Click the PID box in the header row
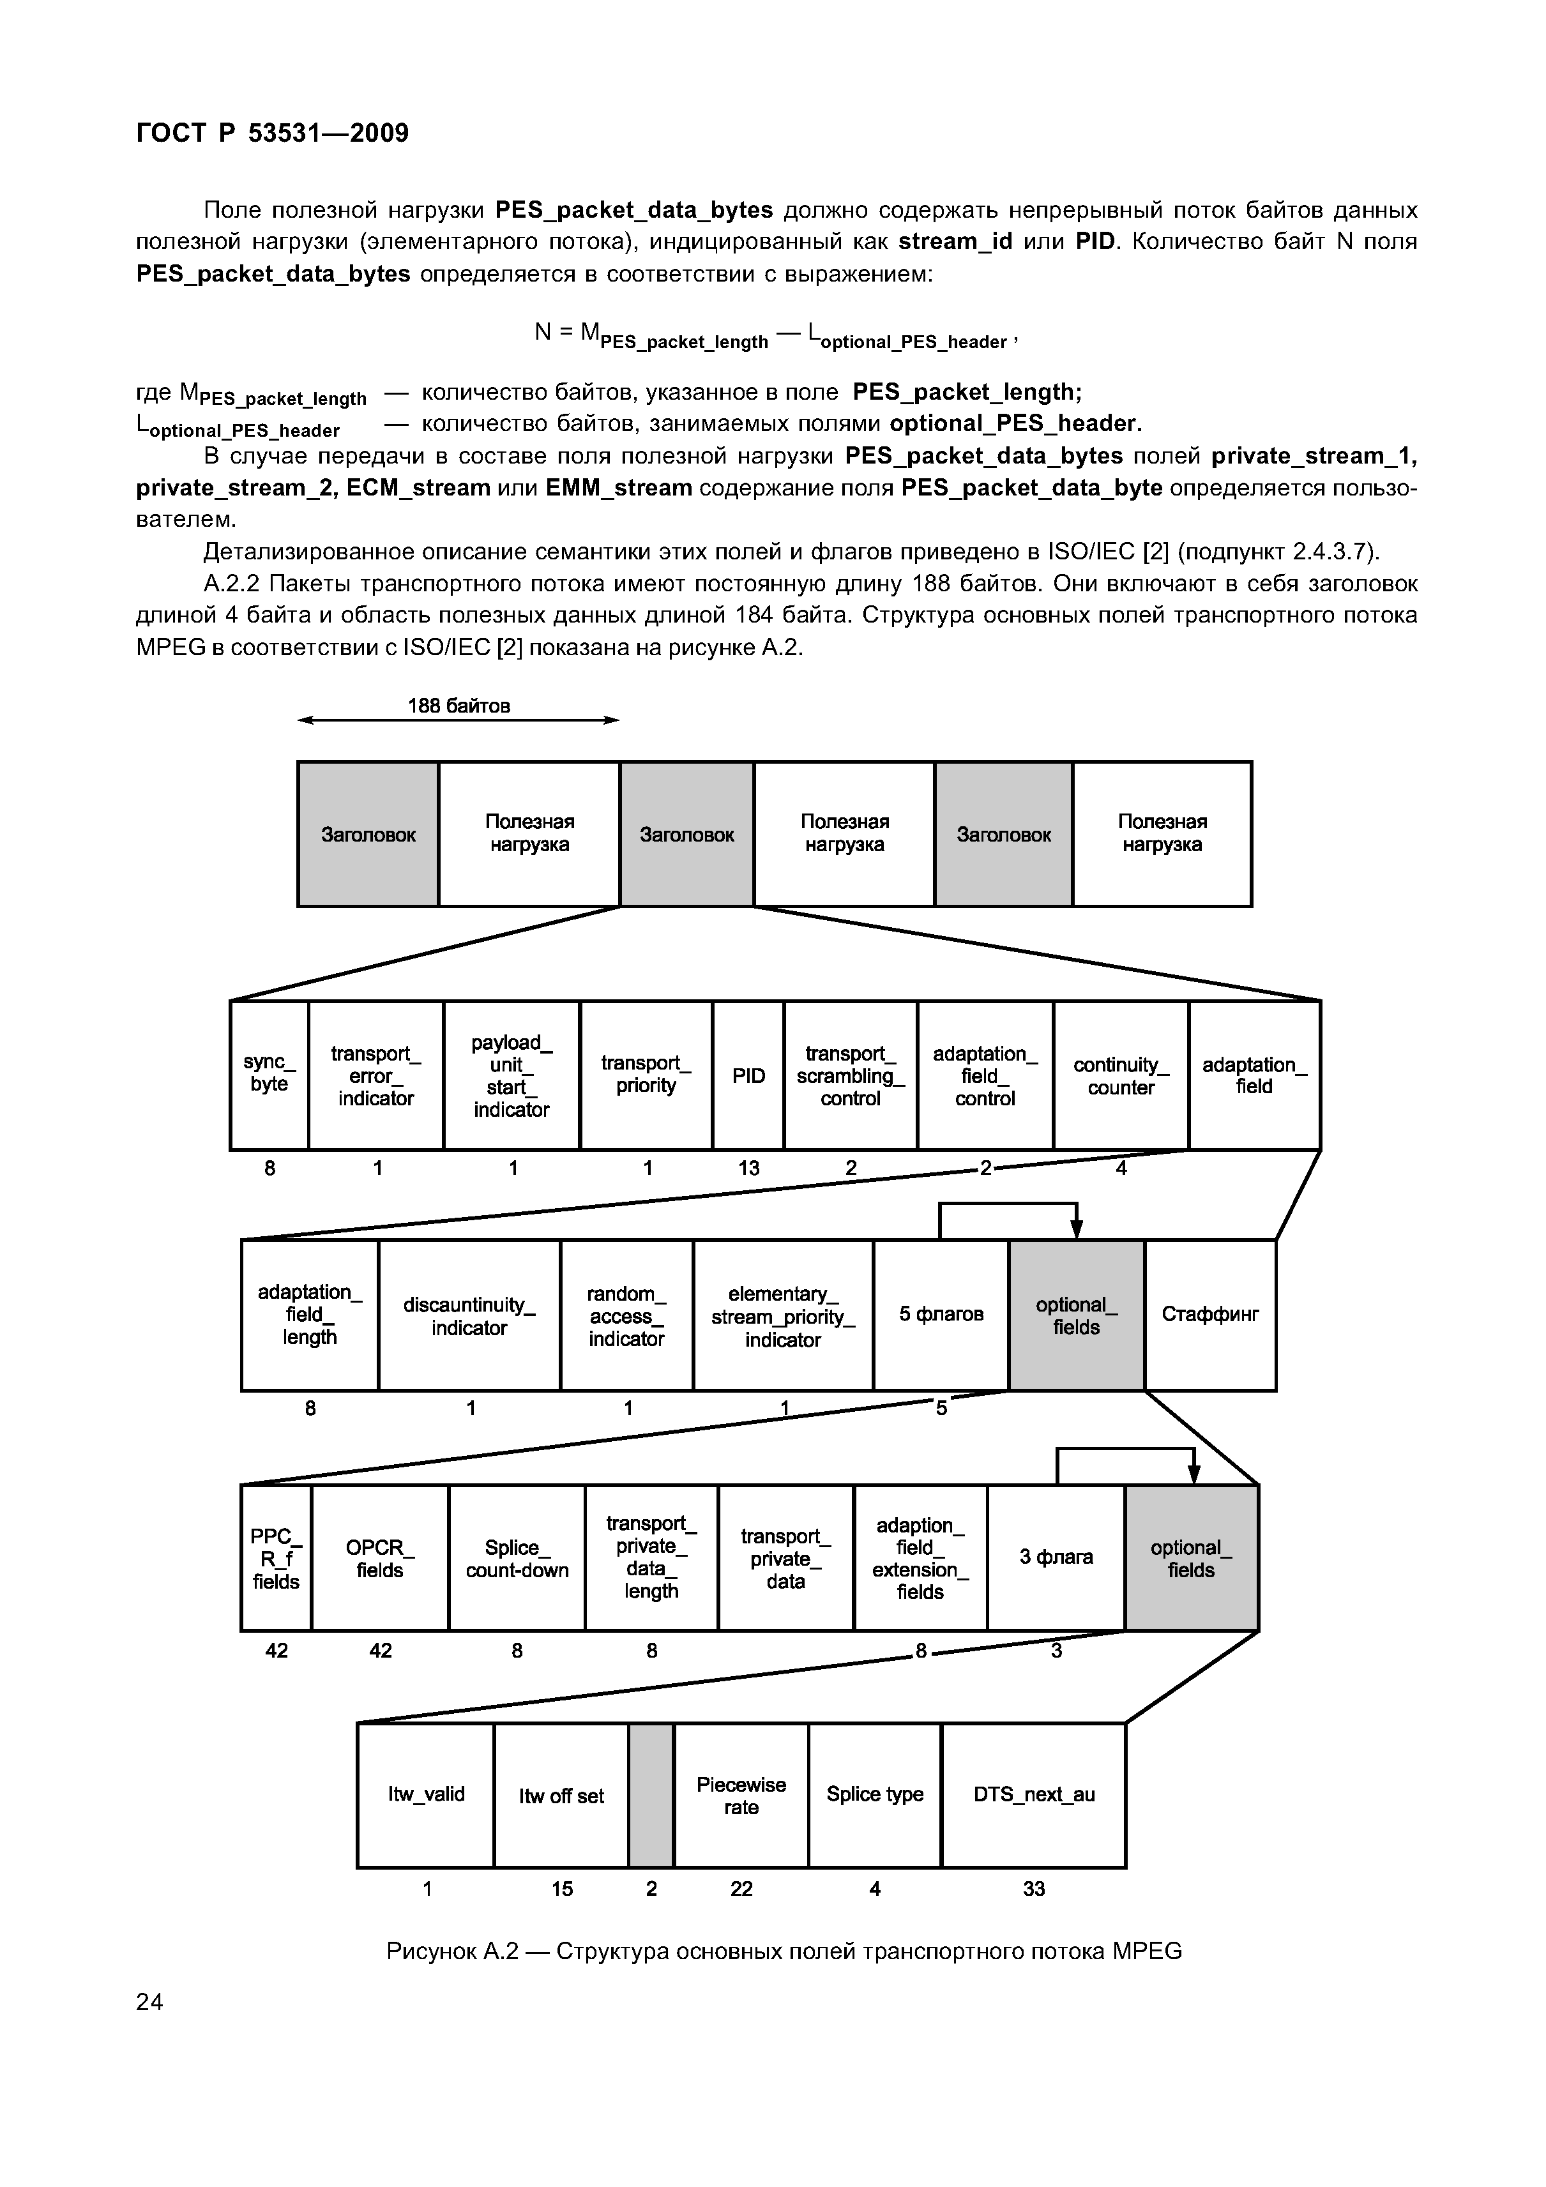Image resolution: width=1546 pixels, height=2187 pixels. pyautogui.click(x=748, y=1075)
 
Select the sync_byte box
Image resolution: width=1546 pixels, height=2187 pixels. pyautogui.click(x=269, y=1075)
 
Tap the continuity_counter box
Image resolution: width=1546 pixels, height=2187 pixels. pyautogui.click(x=1121, y=1075)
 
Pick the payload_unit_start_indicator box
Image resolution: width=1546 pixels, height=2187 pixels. pyautogui.click(x=512, y=1075)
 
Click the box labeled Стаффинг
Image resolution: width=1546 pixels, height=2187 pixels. pyautogui.click(x=1209, y=1315)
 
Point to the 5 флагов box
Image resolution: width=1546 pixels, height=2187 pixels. pyautogui.click(x=941, y=1315)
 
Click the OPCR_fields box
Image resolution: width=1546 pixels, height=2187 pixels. pyautogui.click(x=380, y=1558)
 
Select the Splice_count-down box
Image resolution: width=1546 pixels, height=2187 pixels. pyautogui.click(x=516, y=1558)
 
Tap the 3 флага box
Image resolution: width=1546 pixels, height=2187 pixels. pyautogui.click(x=1056, y=1558)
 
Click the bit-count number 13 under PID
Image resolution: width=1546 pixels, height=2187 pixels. pyautogui.click(x=748, y=1168)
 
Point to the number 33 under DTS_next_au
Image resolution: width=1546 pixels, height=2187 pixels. pyautogui.click(x=1033, y=1889)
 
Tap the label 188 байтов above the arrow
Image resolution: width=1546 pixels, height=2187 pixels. pyautogui.click(x=459, y=706)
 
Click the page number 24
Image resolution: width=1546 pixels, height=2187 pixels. pyautogui.click(x=149, y=2002)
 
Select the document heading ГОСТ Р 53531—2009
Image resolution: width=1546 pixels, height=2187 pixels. pyautogui.click(x=273, y=132)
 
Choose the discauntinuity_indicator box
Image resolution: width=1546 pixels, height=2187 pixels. pyautogui.click(x=469, y=1315)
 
